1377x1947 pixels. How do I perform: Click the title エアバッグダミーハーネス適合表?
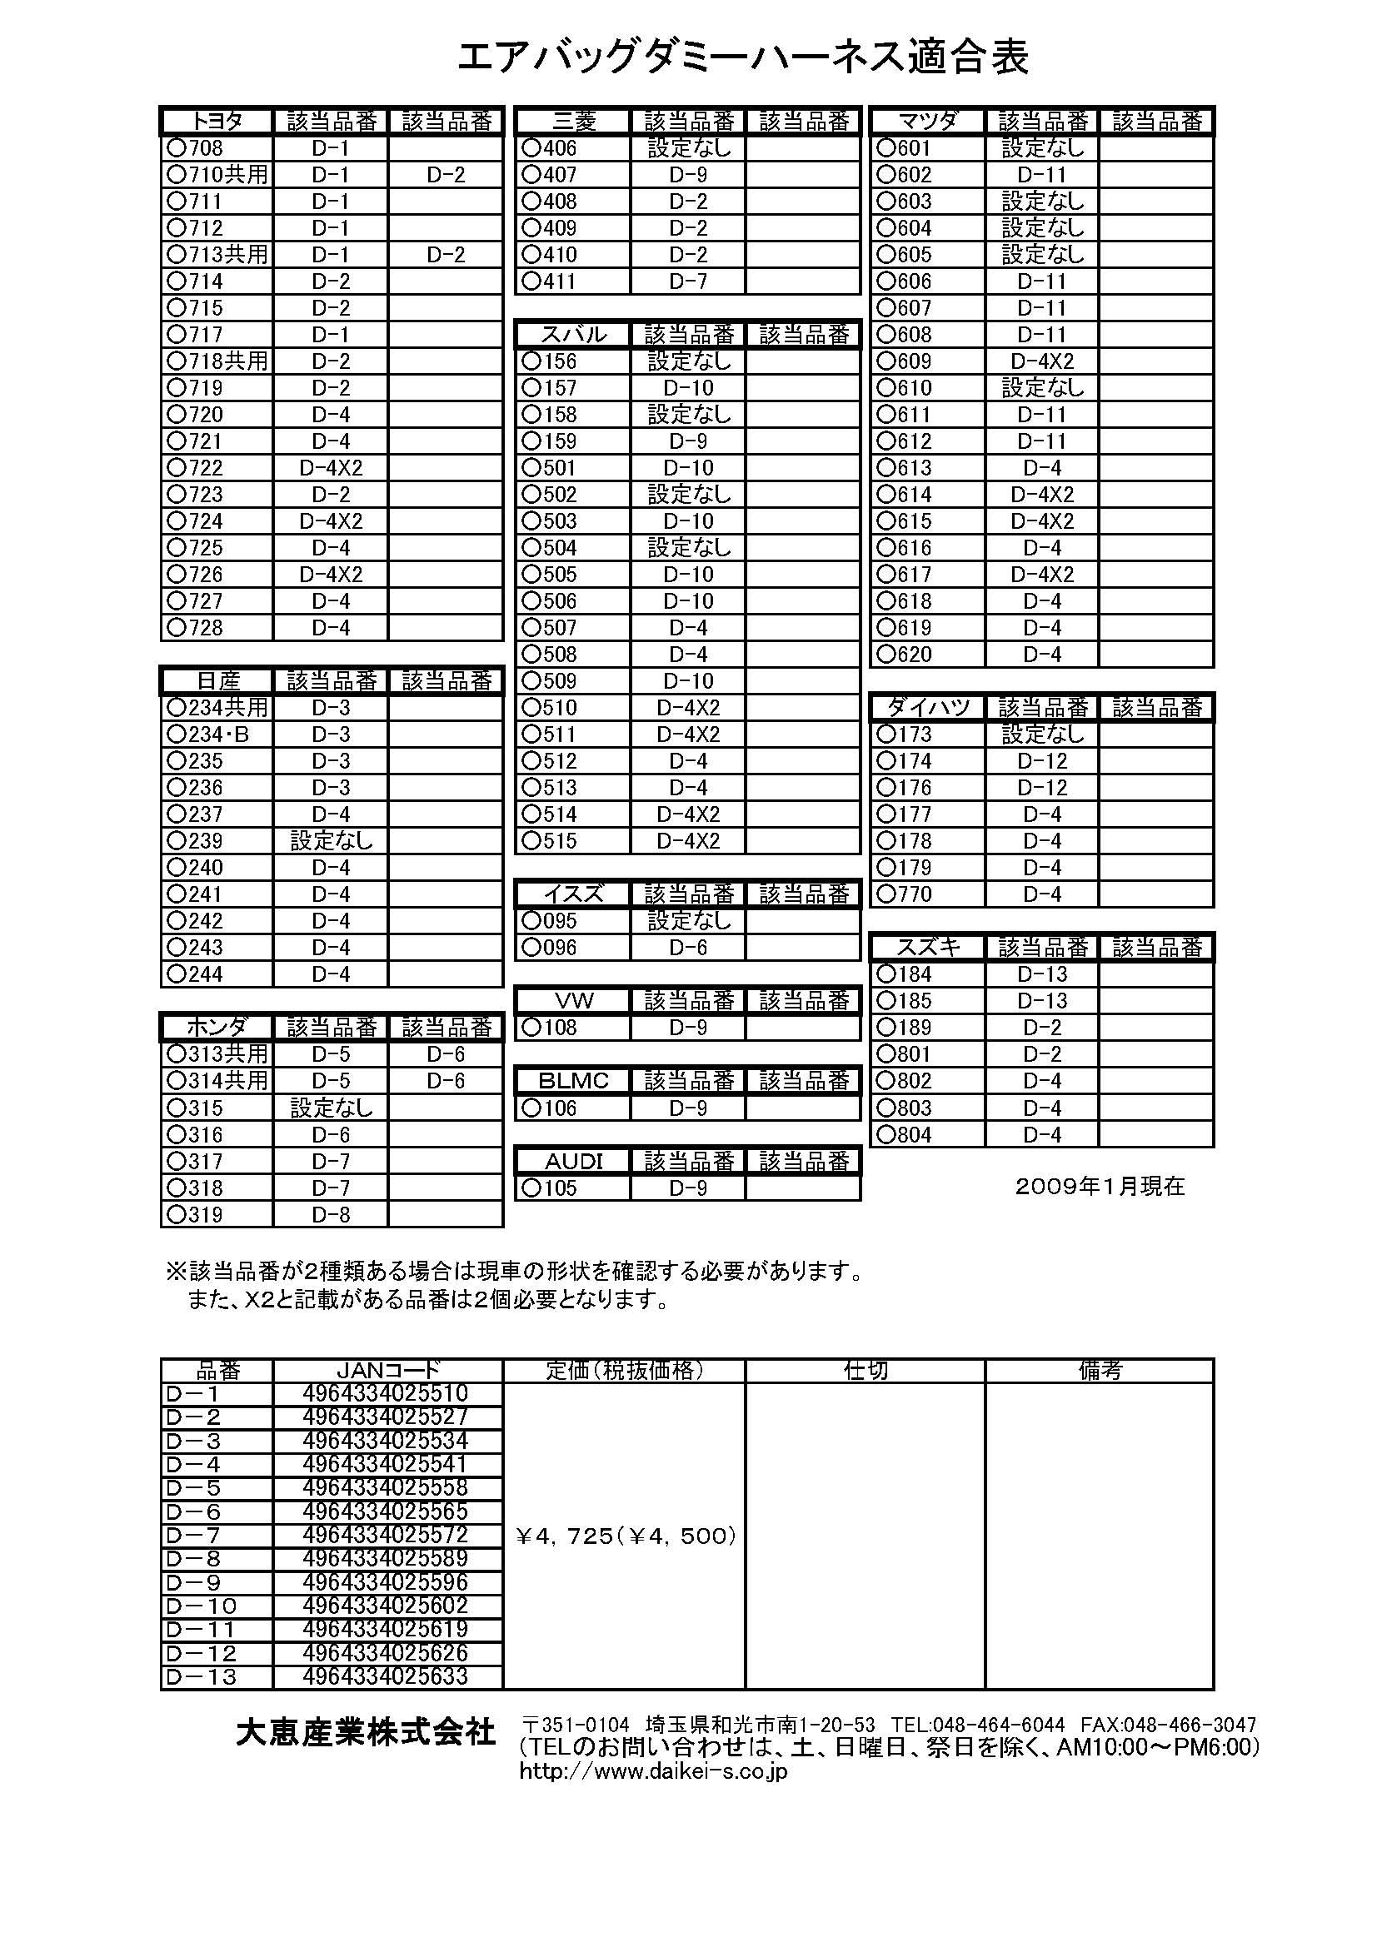click(743, 57)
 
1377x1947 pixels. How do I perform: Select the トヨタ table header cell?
click(217, 122)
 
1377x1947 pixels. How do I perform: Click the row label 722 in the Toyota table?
click(196, 468)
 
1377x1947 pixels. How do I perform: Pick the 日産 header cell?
click(217, 681)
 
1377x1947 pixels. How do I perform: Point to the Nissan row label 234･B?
click(210, 734)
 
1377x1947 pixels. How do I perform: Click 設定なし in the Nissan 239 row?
click(331, 841)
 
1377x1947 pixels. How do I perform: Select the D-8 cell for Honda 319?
click(331, 1214)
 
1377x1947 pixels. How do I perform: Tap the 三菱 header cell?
click(573, 122)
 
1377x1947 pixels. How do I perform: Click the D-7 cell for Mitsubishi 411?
click(688, 281)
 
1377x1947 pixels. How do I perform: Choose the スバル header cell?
click(573, 335)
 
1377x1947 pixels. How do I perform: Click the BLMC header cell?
click(573, 1081)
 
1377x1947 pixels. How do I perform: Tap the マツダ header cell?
click(927, 122)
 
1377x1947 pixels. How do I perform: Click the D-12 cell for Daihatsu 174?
click(1042, 761)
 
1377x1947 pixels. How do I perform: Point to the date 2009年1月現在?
click(1100, 1187)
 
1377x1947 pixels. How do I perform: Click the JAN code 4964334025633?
click(385, 1676)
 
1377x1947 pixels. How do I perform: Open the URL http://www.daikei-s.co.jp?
click(653, 1771)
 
